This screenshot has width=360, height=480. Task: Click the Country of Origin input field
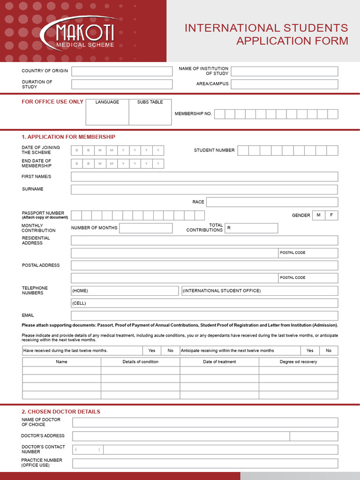[122, 71]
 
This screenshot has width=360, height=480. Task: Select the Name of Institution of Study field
[284, 71]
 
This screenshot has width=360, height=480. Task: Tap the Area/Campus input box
[284, 84]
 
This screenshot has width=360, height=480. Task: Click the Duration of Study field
[122, 84]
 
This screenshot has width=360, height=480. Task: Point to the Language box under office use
[107, 112]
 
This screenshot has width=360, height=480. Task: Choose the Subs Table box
[150, 112]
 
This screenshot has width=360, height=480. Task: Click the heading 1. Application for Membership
[68, 137]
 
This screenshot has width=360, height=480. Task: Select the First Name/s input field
[204, 177]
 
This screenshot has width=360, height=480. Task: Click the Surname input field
[204, 189]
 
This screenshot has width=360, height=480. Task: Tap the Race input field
[272, 202]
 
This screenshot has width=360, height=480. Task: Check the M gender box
[319, 215]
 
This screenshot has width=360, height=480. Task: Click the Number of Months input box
[146, 228]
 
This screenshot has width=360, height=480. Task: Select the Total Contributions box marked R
[251, 228]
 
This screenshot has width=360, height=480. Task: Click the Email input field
[204, 316]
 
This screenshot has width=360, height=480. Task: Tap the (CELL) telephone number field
[204, 303]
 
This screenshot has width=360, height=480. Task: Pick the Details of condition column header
[141, 362]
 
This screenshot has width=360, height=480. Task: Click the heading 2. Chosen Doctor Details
[61, 412]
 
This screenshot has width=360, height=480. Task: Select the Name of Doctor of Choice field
[205, 422]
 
